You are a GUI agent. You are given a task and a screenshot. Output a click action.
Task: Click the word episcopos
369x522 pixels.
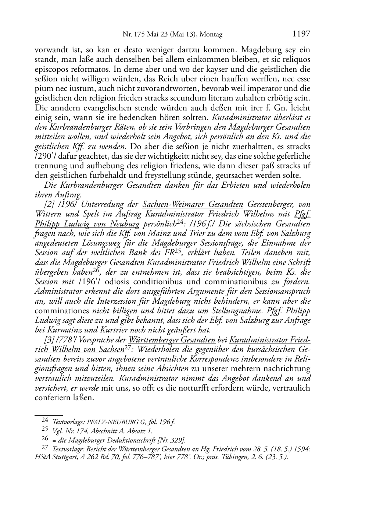pos(51,69)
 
